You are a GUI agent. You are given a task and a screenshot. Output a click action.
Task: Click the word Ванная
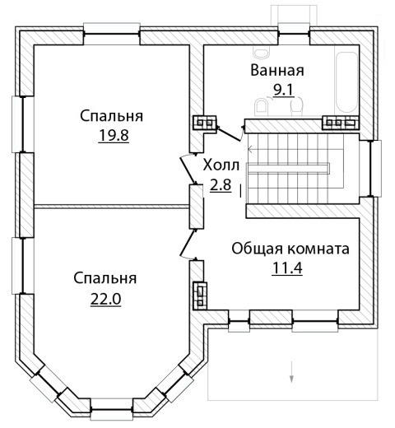point(277,71)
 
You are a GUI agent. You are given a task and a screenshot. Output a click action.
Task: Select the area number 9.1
point(284,89)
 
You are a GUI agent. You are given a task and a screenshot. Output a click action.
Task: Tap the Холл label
point(221,165)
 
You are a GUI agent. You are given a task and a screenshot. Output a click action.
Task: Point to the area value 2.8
point(221,184)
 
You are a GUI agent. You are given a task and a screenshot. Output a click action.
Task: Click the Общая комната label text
point(290,249)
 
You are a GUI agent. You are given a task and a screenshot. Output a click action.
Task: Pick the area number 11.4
point(287,267)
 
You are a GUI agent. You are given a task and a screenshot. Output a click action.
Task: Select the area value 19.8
point(114,135)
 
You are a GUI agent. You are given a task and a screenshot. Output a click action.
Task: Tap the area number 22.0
point(106,299)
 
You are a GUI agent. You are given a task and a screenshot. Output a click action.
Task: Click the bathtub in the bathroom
point(346,82)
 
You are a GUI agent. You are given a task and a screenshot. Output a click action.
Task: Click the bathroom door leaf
point(230,133)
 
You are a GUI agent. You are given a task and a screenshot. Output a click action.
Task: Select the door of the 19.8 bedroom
point(188,170)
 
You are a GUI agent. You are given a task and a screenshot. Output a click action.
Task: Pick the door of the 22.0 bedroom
point(188,244)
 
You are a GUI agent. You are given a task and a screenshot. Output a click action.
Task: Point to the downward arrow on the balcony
point(291,371)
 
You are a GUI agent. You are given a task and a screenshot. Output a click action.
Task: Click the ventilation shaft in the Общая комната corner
point(200,295)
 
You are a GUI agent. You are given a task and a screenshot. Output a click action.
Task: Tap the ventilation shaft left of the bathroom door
point(205,123)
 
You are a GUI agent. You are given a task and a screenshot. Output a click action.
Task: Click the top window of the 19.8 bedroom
point(112,34)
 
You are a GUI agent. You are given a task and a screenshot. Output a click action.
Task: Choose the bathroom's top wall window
point(294,34)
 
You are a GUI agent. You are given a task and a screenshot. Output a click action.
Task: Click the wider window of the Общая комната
point(315,321)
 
